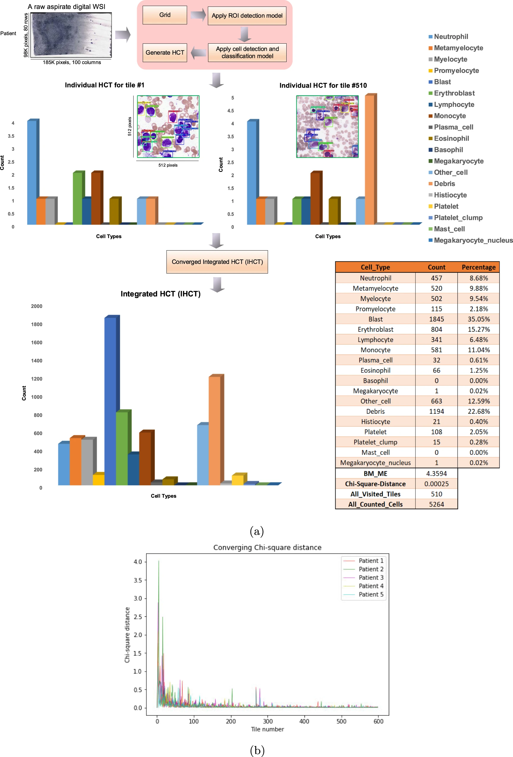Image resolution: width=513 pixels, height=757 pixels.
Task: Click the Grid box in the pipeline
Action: coord(165,15)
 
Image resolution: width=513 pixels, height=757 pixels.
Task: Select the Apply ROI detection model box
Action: coord(247,16)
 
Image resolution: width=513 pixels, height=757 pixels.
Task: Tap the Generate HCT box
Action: coord(165,53)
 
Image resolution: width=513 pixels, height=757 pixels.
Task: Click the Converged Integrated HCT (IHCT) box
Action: coord(217,262)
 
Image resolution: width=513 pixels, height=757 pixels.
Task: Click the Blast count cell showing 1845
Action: coord(436,319)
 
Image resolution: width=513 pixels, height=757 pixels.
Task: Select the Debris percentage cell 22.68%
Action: coord(478,411)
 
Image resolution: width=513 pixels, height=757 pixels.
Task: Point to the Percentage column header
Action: coord(478,267)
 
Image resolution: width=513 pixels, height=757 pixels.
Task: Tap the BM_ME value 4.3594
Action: coord(436,473)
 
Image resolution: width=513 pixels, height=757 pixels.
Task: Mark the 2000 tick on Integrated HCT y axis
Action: coord(36,306)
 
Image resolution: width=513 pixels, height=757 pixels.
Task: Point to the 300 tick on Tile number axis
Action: coord(268,721)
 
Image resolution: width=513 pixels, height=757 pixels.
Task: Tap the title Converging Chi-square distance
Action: coord(267,547)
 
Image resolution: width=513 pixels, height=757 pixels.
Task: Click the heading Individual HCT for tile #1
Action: coord(104,85)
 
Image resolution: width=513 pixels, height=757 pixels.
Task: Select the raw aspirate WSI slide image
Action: coord(71,34)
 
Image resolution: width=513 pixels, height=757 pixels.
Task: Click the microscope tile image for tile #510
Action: coord(327,127)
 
